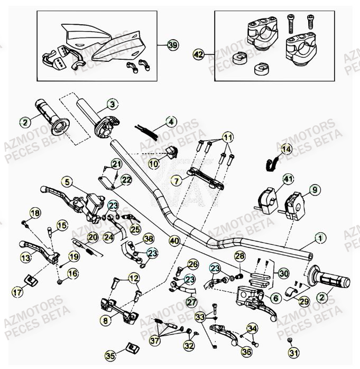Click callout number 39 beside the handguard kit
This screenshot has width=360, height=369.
[x=173, y=45]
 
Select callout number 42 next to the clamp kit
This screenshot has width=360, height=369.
[x=198, y=54]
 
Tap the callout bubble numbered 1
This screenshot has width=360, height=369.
[x=113, y=104]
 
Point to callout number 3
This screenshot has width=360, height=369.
[x=170, y=122]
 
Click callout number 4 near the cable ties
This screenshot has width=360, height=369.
[x=66, y=182]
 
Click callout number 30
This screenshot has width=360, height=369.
[x=283, y=273]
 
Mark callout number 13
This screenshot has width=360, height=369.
[x=25, y=258]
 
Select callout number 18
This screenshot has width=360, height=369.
[x=34, y=213]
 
